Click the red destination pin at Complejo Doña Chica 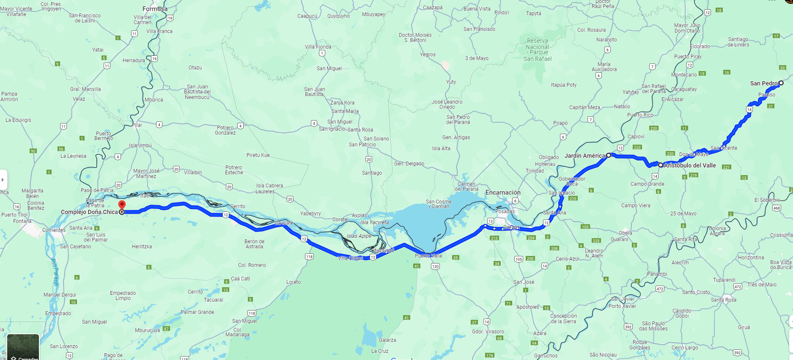coord(122,205)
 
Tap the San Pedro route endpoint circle coord(781,83)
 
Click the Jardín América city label coord(584,156)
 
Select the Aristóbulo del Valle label coord(690,165)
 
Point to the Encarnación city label coord(503,192)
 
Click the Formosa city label coord(155,9)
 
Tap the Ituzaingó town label coord(383,250)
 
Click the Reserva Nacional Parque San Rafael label coord(538,50)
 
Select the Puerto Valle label coord(428,256)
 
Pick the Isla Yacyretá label coord(374,223)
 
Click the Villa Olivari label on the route coord(350,258)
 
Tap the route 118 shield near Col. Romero coord(309,257)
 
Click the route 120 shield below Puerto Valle coord(435,266)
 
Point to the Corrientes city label coord(54,230)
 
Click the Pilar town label coord(137,125)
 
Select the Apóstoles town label coord(527,307)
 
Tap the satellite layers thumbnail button coord(23,347)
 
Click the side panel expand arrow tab coord(3,180)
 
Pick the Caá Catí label coord(240,279)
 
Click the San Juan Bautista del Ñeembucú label coord(198,92)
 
